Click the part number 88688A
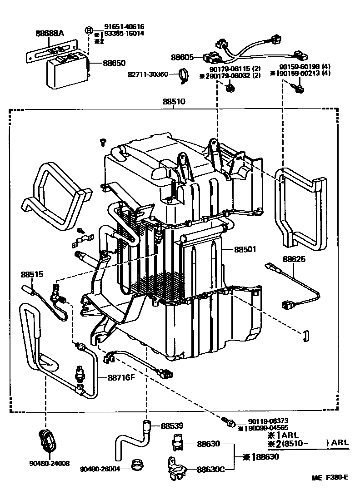click(x=50, y=34)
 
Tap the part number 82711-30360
click(x=148, y=74)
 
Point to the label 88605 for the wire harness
click(x=182, y=58)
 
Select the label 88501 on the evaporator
click(x=245, y=249)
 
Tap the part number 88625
click(x=294, y=259)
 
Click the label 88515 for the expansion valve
click(x=32, y=274)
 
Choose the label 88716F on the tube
click(x=121, y=377)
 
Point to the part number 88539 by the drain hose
click(x=172, y=426)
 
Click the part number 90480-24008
click(x=50, y=463)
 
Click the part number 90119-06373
click(x=268, y=421)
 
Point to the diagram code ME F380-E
click(x=330, y=477)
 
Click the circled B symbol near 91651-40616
click(x=89, y=30)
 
